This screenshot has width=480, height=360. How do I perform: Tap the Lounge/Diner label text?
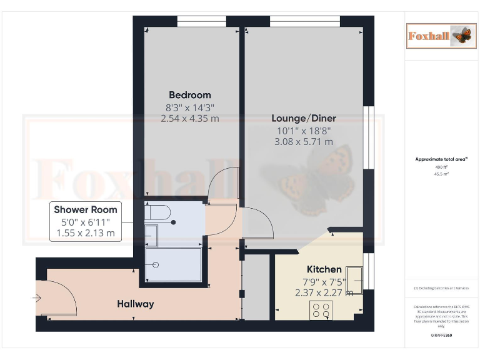pos(304,118)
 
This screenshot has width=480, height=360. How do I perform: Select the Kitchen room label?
pos(324,269)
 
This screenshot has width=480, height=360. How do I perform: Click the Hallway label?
pos(136,304)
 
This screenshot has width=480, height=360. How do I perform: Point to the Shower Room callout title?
pos(86,210)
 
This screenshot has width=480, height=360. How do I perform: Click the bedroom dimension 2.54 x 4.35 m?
pos(190,118)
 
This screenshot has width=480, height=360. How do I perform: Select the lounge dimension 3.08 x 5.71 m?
pos(304,141)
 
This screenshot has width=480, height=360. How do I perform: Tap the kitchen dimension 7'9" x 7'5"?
pos(324,281)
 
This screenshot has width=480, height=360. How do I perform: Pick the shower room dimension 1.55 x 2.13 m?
pos(86,234)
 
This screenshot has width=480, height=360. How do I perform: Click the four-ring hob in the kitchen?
pos(321,310)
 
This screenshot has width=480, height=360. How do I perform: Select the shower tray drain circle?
pos(156,265)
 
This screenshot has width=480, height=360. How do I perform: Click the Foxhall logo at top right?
pos(438,36)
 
